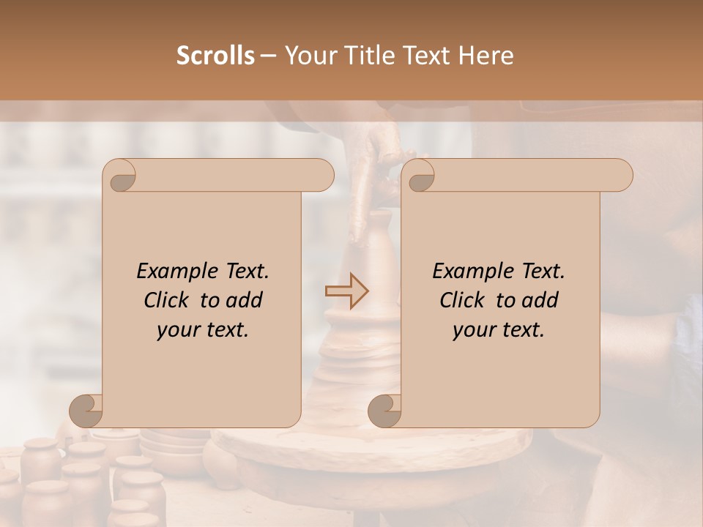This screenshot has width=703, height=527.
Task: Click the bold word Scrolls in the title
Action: pos(215,56)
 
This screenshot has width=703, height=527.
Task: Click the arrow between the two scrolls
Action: pos(346,291)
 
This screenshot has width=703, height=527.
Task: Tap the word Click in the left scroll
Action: pos(168,300)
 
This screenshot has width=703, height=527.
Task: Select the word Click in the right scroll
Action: pos(464,300)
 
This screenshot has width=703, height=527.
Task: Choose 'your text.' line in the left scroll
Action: pos(203,330)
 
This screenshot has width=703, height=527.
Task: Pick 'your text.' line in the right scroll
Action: pos(499,330)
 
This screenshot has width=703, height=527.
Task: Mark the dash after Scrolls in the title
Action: pos(268,56)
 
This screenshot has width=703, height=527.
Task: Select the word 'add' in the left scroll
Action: pos(245,300)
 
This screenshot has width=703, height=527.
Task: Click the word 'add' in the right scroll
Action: pos(540,300)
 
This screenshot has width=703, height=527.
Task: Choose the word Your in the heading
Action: pos(308,56)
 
